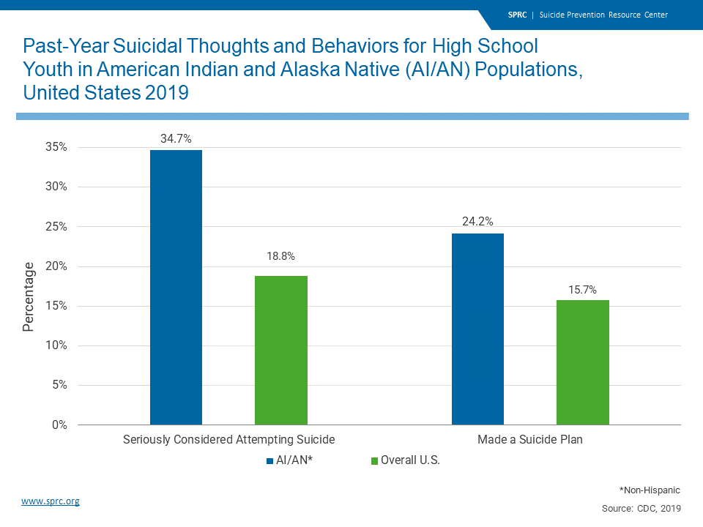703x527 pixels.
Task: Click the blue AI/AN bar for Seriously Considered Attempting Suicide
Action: [176, 287]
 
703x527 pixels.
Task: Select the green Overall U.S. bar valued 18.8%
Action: [280, 350]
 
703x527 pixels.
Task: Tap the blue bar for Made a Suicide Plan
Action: [477, 329]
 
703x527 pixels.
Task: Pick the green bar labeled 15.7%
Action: [582, 362]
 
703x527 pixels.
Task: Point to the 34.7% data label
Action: [176, 138]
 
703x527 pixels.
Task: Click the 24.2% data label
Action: [477, 221]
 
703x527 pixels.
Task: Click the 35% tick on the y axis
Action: [56, 147]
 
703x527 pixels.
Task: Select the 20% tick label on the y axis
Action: [56, 266]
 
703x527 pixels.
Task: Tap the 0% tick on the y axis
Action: [59, 425]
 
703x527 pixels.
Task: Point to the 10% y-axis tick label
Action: [56, 345]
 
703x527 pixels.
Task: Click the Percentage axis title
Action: [29, 296]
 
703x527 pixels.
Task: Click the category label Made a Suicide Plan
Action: [529, 440]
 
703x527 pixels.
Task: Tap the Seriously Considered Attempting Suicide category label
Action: [228, 440]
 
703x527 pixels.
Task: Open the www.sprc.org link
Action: [51, 501]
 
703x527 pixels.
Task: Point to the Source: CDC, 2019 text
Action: [641, 507]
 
